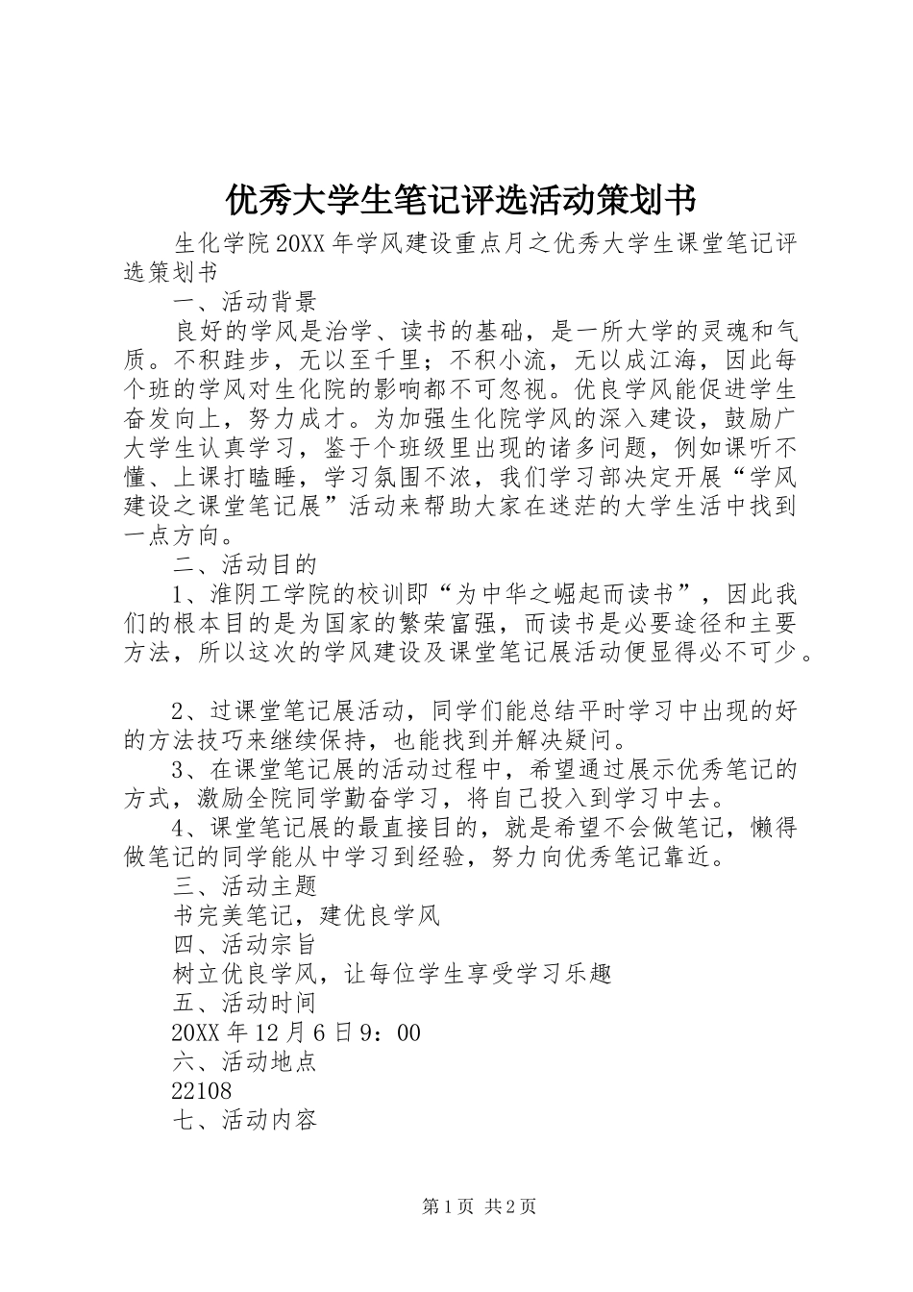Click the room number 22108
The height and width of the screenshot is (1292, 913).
click(202, 1092)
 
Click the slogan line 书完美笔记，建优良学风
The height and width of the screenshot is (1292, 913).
click(306, 915)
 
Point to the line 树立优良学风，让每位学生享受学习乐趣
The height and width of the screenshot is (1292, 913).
click(392, 974)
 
